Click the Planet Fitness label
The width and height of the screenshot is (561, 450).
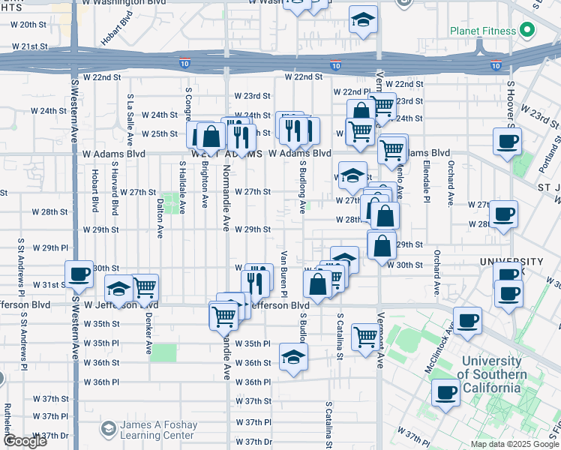point(483,31)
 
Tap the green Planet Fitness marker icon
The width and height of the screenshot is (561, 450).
point(527,31)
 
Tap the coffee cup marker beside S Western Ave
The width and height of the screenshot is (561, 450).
point(79,275)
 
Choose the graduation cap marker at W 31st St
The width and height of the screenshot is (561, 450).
point(118,289)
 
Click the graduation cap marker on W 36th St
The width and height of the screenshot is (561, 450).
point(294,356)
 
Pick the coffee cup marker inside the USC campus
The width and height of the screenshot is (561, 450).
point(446,392)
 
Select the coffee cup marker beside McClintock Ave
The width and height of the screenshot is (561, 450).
point(468,321)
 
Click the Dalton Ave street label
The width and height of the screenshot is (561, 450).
point(160,217)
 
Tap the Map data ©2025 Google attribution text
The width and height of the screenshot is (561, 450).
point(514,444)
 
